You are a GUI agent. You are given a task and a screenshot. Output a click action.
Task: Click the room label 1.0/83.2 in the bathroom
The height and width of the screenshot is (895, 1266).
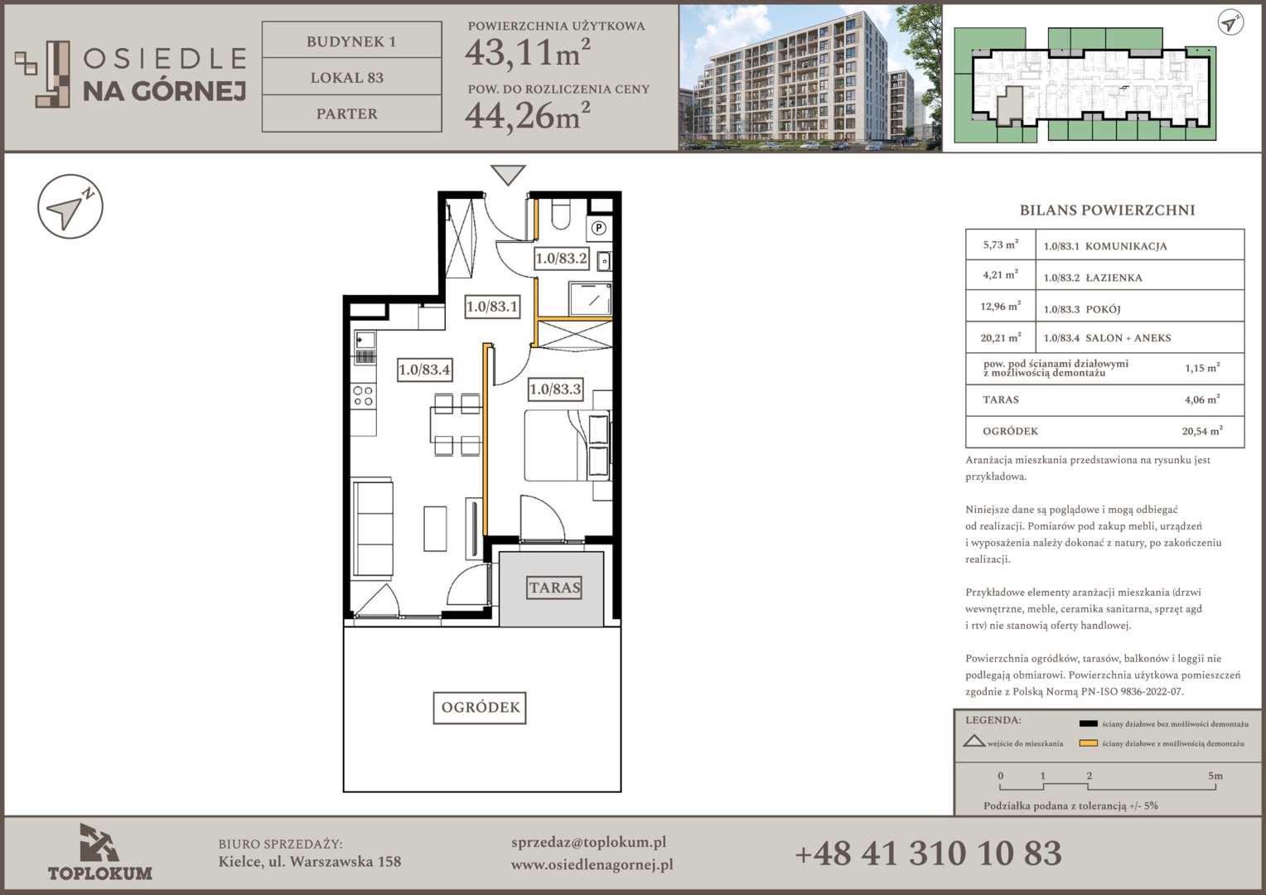click(x=561, y=259)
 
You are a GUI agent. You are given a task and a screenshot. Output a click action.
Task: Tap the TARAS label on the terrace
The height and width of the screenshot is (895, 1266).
click(x=554, y=588)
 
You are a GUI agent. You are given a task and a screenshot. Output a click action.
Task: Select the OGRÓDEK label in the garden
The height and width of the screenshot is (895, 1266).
click(x=480, y=707)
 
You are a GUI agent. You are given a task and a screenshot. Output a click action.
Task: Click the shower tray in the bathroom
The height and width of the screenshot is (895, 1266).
click(x=590, y=298)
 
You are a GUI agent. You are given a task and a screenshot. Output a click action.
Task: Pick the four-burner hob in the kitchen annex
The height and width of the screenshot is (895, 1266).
click(x=363, y=396)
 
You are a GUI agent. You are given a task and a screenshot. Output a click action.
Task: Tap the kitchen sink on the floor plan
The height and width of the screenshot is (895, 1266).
click(x=365, y=340)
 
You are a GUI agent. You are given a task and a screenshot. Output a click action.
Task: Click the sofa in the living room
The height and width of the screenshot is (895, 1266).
click(x=373, y=530)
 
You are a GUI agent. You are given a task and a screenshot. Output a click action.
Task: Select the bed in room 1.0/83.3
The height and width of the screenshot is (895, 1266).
click(x=567, y=446)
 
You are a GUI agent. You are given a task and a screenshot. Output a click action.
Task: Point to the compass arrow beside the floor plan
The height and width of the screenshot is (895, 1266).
click(x=70, y=206)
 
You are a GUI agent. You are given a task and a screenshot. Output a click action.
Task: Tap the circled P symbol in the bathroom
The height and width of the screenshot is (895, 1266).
click(x=598, y=228)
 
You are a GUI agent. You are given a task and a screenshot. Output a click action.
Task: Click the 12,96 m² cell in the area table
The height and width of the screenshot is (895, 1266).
click(x=1000, y=306)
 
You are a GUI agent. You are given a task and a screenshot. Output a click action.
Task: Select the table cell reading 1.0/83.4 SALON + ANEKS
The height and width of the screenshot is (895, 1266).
click(x=1139, y=337)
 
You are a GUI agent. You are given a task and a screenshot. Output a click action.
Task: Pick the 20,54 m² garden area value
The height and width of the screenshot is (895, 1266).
click(x=1202, y=431)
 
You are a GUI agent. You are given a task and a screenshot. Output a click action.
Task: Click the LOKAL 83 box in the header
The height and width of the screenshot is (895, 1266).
click(x=351, y=76)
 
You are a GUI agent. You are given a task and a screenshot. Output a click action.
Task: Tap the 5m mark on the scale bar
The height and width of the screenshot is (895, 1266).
click(x=1215, y=776)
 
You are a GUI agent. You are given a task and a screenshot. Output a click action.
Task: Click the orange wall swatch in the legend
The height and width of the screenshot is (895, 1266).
click(x=1088, y=743)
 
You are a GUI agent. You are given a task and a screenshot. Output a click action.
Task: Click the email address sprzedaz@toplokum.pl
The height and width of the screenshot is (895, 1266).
click(x=588, y=843)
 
